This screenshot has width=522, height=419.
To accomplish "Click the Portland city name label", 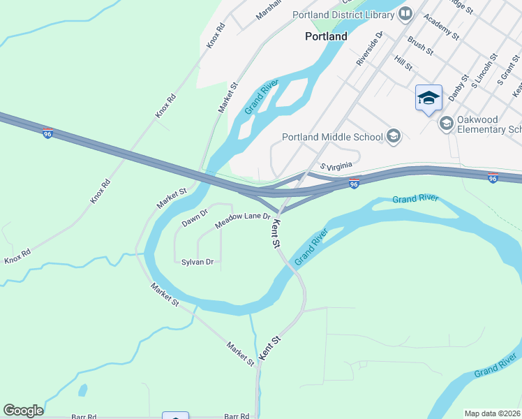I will (x=326, y=36).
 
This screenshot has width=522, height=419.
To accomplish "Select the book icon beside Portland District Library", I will (x=405, y=13).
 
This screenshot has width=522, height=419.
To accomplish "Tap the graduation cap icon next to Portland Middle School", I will (x=394, y=136).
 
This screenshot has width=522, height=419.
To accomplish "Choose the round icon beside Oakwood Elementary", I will (x=446, y=123).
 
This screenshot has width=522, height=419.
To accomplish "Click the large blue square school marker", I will (x=428, y=98).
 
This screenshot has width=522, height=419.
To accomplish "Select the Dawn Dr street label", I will (x=195, y=219).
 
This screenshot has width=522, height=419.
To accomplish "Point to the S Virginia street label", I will (x=339, y=167).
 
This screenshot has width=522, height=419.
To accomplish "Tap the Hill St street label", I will (x=403, y=63).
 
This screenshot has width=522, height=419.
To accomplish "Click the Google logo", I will (x=23, y=411).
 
